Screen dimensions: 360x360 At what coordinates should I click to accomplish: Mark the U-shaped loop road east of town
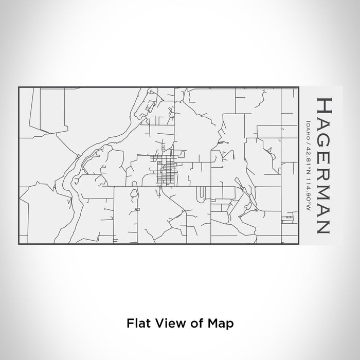point(201,193)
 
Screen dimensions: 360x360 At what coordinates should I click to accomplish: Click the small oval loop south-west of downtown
point(134,194)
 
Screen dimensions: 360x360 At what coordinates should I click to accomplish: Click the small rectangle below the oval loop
point(137,210)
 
